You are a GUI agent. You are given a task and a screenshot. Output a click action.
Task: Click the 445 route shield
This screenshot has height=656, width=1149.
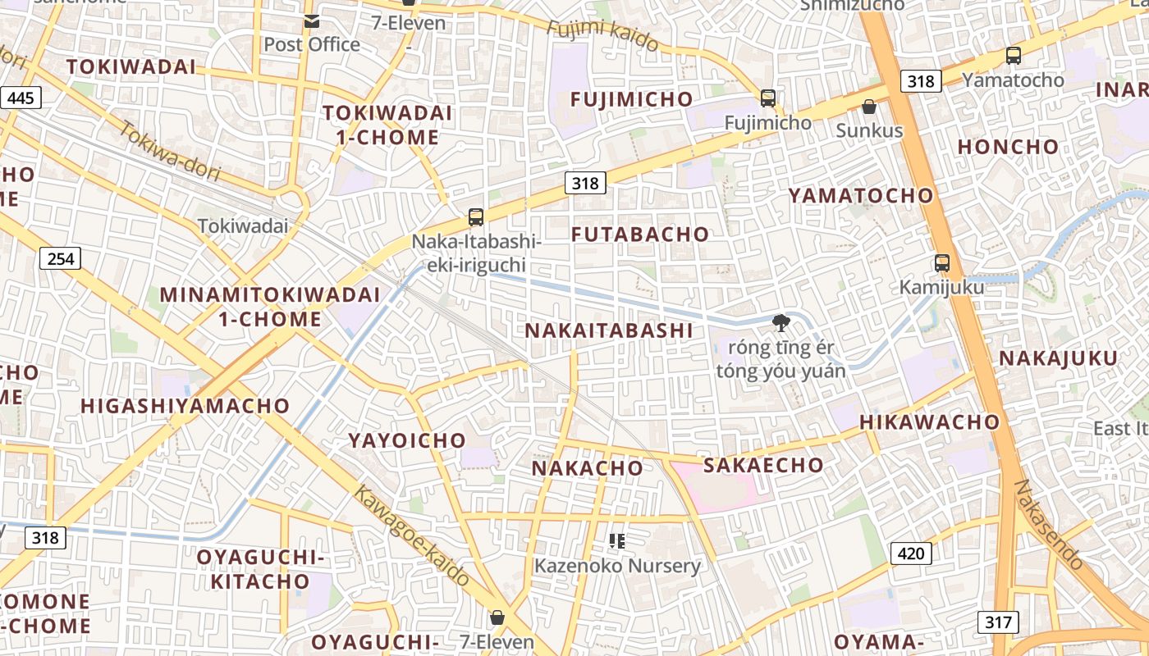click(x=21, y=98)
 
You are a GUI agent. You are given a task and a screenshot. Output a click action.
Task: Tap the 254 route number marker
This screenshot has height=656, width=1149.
click(x=60, y=259)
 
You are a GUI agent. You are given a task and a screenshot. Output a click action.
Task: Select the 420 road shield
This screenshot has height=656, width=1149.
click(x=910, y=553)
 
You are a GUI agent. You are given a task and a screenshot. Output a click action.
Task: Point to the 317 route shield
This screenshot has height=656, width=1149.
click(x=998, y=622)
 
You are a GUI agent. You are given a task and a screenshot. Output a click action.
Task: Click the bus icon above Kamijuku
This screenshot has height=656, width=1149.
click(x=941, y=263)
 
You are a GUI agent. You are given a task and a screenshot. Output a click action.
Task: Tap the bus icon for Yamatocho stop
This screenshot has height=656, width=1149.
click(x=1014, y=56)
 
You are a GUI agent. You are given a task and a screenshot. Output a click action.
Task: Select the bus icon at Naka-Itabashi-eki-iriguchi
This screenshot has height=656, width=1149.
click(x=476, y=217)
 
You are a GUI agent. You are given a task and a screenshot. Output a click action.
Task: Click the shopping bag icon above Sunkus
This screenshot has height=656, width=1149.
click(x=869, y=107)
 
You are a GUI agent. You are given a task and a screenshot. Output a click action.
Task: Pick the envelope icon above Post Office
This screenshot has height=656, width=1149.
click(x=312, y=21)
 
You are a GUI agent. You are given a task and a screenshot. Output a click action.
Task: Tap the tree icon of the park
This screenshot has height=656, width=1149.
click(x=781, y=322)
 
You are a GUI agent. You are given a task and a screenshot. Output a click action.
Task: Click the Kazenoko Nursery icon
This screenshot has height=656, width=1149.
click(x=617, y=541)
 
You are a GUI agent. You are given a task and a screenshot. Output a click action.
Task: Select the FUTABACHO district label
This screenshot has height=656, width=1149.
click(x=640, y=235)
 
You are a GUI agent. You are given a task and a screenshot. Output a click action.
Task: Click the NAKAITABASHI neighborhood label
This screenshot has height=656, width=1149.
click(x=609, y=330)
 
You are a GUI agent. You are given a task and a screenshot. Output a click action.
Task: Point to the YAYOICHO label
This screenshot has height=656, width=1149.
click(x=407, y=441)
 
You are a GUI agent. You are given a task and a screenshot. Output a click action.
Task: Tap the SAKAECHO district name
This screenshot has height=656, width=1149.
click(x=763, y=465)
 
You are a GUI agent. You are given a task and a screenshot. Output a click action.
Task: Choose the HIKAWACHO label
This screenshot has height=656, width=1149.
click(x=929, y=422)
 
